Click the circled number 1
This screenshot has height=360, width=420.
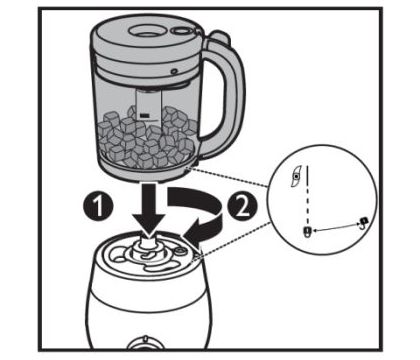[x=98, y=206]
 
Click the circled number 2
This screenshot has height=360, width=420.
[x=242, y=207]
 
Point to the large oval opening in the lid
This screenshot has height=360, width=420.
[x=146, y=31]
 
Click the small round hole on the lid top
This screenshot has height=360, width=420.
[x=182, y=31]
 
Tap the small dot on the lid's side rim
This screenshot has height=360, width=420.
[x=173, y=71]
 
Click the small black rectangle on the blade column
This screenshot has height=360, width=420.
[x=145, y=116]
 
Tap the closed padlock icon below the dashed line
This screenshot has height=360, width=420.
[x=307, y=231]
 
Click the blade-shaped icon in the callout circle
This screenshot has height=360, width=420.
[x=295, y=176]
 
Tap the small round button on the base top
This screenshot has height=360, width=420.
[x=180, y=250]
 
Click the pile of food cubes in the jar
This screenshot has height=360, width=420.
[x=147, y=137]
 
